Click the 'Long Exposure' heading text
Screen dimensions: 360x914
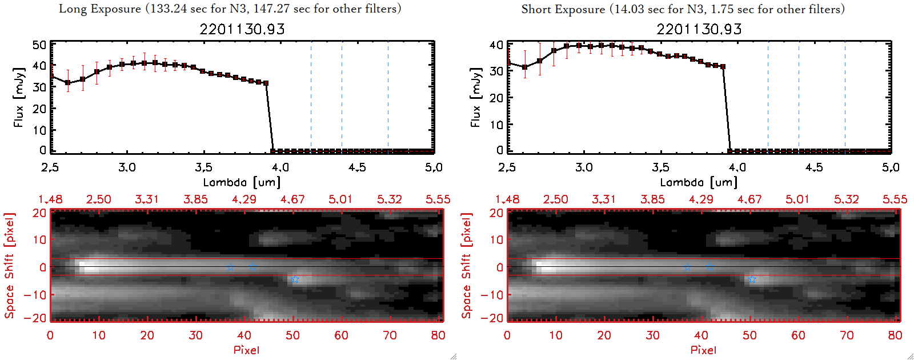pos(100,9)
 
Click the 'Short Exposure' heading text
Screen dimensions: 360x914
pos(563,9)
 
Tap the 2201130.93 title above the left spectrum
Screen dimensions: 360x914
pos(242,29)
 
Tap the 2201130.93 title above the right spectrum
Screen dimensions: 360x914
pos(699,29)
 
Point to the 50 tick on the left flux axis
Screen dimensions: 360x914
pos(39,45)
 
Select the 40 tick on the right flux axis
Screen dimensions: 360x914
pos(496,45)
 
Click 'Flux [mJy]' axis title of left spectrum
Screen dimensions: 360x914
pos(19,97)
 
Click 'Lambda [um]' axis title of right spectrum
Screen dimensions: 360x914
pos(699,182)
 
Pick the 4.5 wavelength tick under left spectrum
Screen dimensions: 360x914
pos(357,167)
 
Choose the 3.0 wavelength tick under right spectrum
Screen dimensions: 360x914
pos(584,167)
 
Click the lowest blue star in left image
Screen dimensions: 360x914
pos(295,279)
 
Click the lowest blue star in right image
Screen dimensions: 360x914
pos(752,279)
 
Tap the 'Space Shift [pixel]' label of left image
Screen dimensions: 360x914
pos(9,266)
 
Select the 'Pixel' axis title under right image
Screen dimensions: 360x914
pos(703,350)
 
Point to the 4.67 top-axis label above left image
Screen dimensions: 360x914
pos(292,199)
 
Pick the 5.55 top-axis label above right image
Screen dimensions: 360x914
pos(895,199)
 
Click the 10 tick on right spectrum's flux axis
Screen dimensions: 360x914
pos(496,124)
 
